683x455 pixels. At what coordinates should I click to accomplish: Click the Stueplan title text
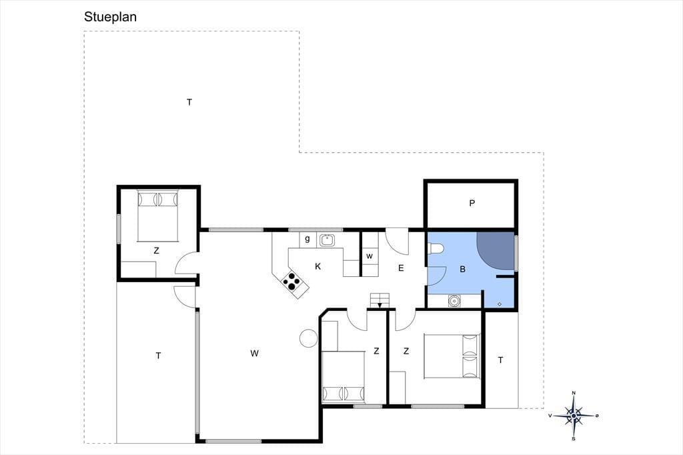(x=110, y=17)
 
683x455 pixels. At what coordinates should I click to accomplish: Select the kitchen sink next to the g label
(x=327, y=240)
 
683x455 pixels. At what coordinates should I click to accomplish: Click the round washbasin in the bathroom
(x=454, y=301)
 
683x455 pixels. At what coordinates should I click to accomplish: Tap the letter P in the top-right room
(x=472, y=203)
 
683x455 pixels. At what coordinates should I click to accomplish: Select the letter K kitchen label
(x=318, y=266)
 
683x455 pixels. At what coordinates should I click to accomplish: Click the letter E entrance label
(x=401, y=268)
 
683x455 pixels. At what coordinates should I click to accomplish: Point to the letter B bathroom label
(x=463, y=270)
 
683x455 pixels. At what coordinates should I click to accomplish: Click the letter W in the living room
(x=254, y=353)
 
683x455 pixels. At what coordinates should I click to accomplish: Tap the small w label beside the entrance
(x=370, y=256)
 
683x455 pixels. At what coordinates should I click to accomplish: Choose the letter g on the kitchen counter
(x=307, y=239)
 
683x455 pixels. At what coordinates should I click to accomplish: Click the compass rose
(x=574, y=416)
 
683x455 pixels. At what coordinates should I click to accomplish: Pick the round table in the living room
(x=308, y=338)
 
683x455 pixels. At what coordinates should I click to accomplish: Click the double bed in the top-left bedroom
(x=157, y=215)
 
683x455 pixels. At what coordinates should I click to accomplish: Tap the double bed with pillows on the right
(x=452, y=356)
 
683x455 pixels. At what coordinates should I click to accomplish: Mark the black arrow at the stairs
(x=380, y=305)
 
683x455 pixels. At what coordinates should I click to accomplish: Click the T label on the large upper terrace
(x=189, y=103)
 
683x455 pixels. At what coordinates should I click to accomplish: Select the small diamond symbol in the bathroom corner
(x=499, y=304)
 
